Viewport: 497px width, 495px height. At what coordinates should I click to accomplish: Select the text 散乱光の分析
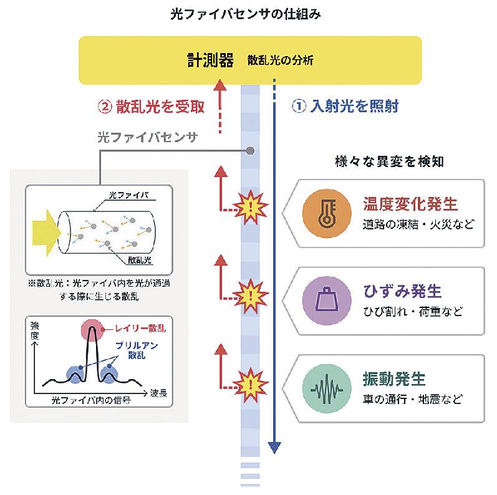(280, 61)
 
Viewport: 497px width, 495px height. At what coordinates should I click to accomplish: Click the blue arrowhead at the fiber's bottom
(275, 448)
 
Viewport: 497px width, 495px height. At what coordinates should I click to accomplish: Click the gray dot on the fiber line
(251, 150)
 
